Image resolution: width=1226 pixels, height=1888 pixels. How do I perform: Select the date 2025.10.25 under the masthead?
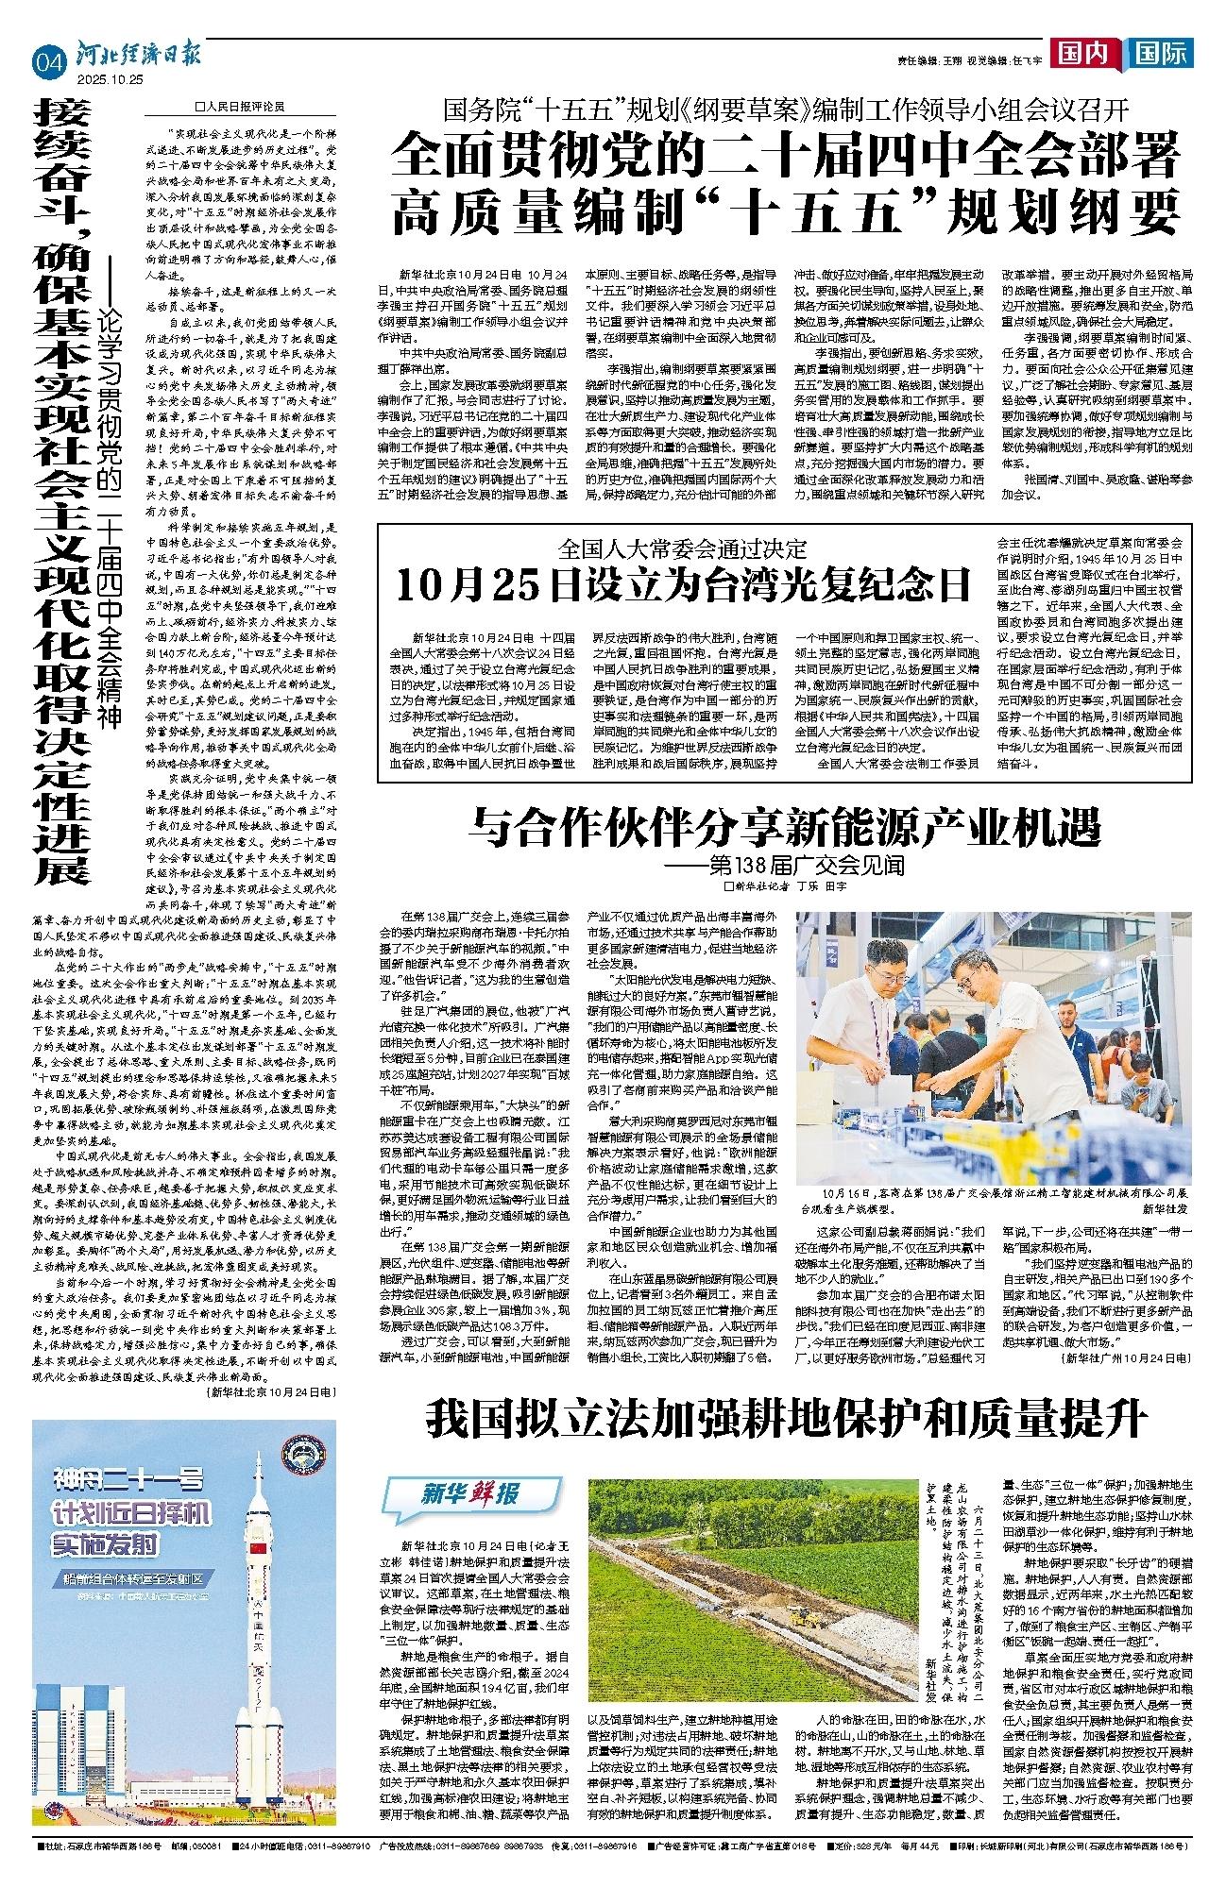coord(113,79)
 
